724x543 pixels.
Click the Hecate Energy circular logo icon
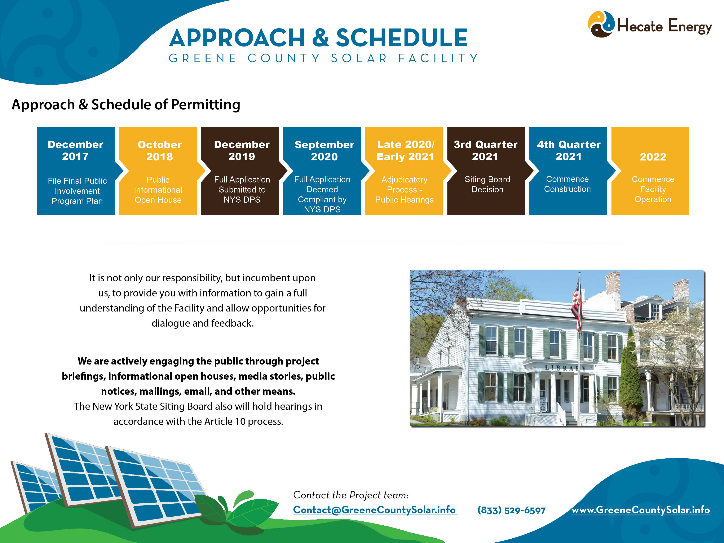601,24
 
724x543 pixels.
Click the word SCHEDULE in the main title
402,38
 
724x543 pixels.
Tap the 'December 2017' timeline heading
76,150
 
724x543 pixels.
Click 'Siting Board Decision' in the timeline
487,184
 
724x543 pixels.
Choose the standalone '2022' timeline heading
653,157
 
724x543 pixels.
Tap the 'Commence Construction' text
567,184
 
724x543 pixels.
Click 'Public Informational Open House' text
158,190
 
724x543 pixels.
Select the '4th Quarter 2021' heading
569,150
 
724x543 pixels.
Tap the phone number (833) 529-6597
511,510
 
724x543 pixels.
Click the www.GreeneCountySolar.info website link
641,510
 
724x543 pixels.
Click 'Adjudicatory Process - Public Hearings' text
404,190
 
